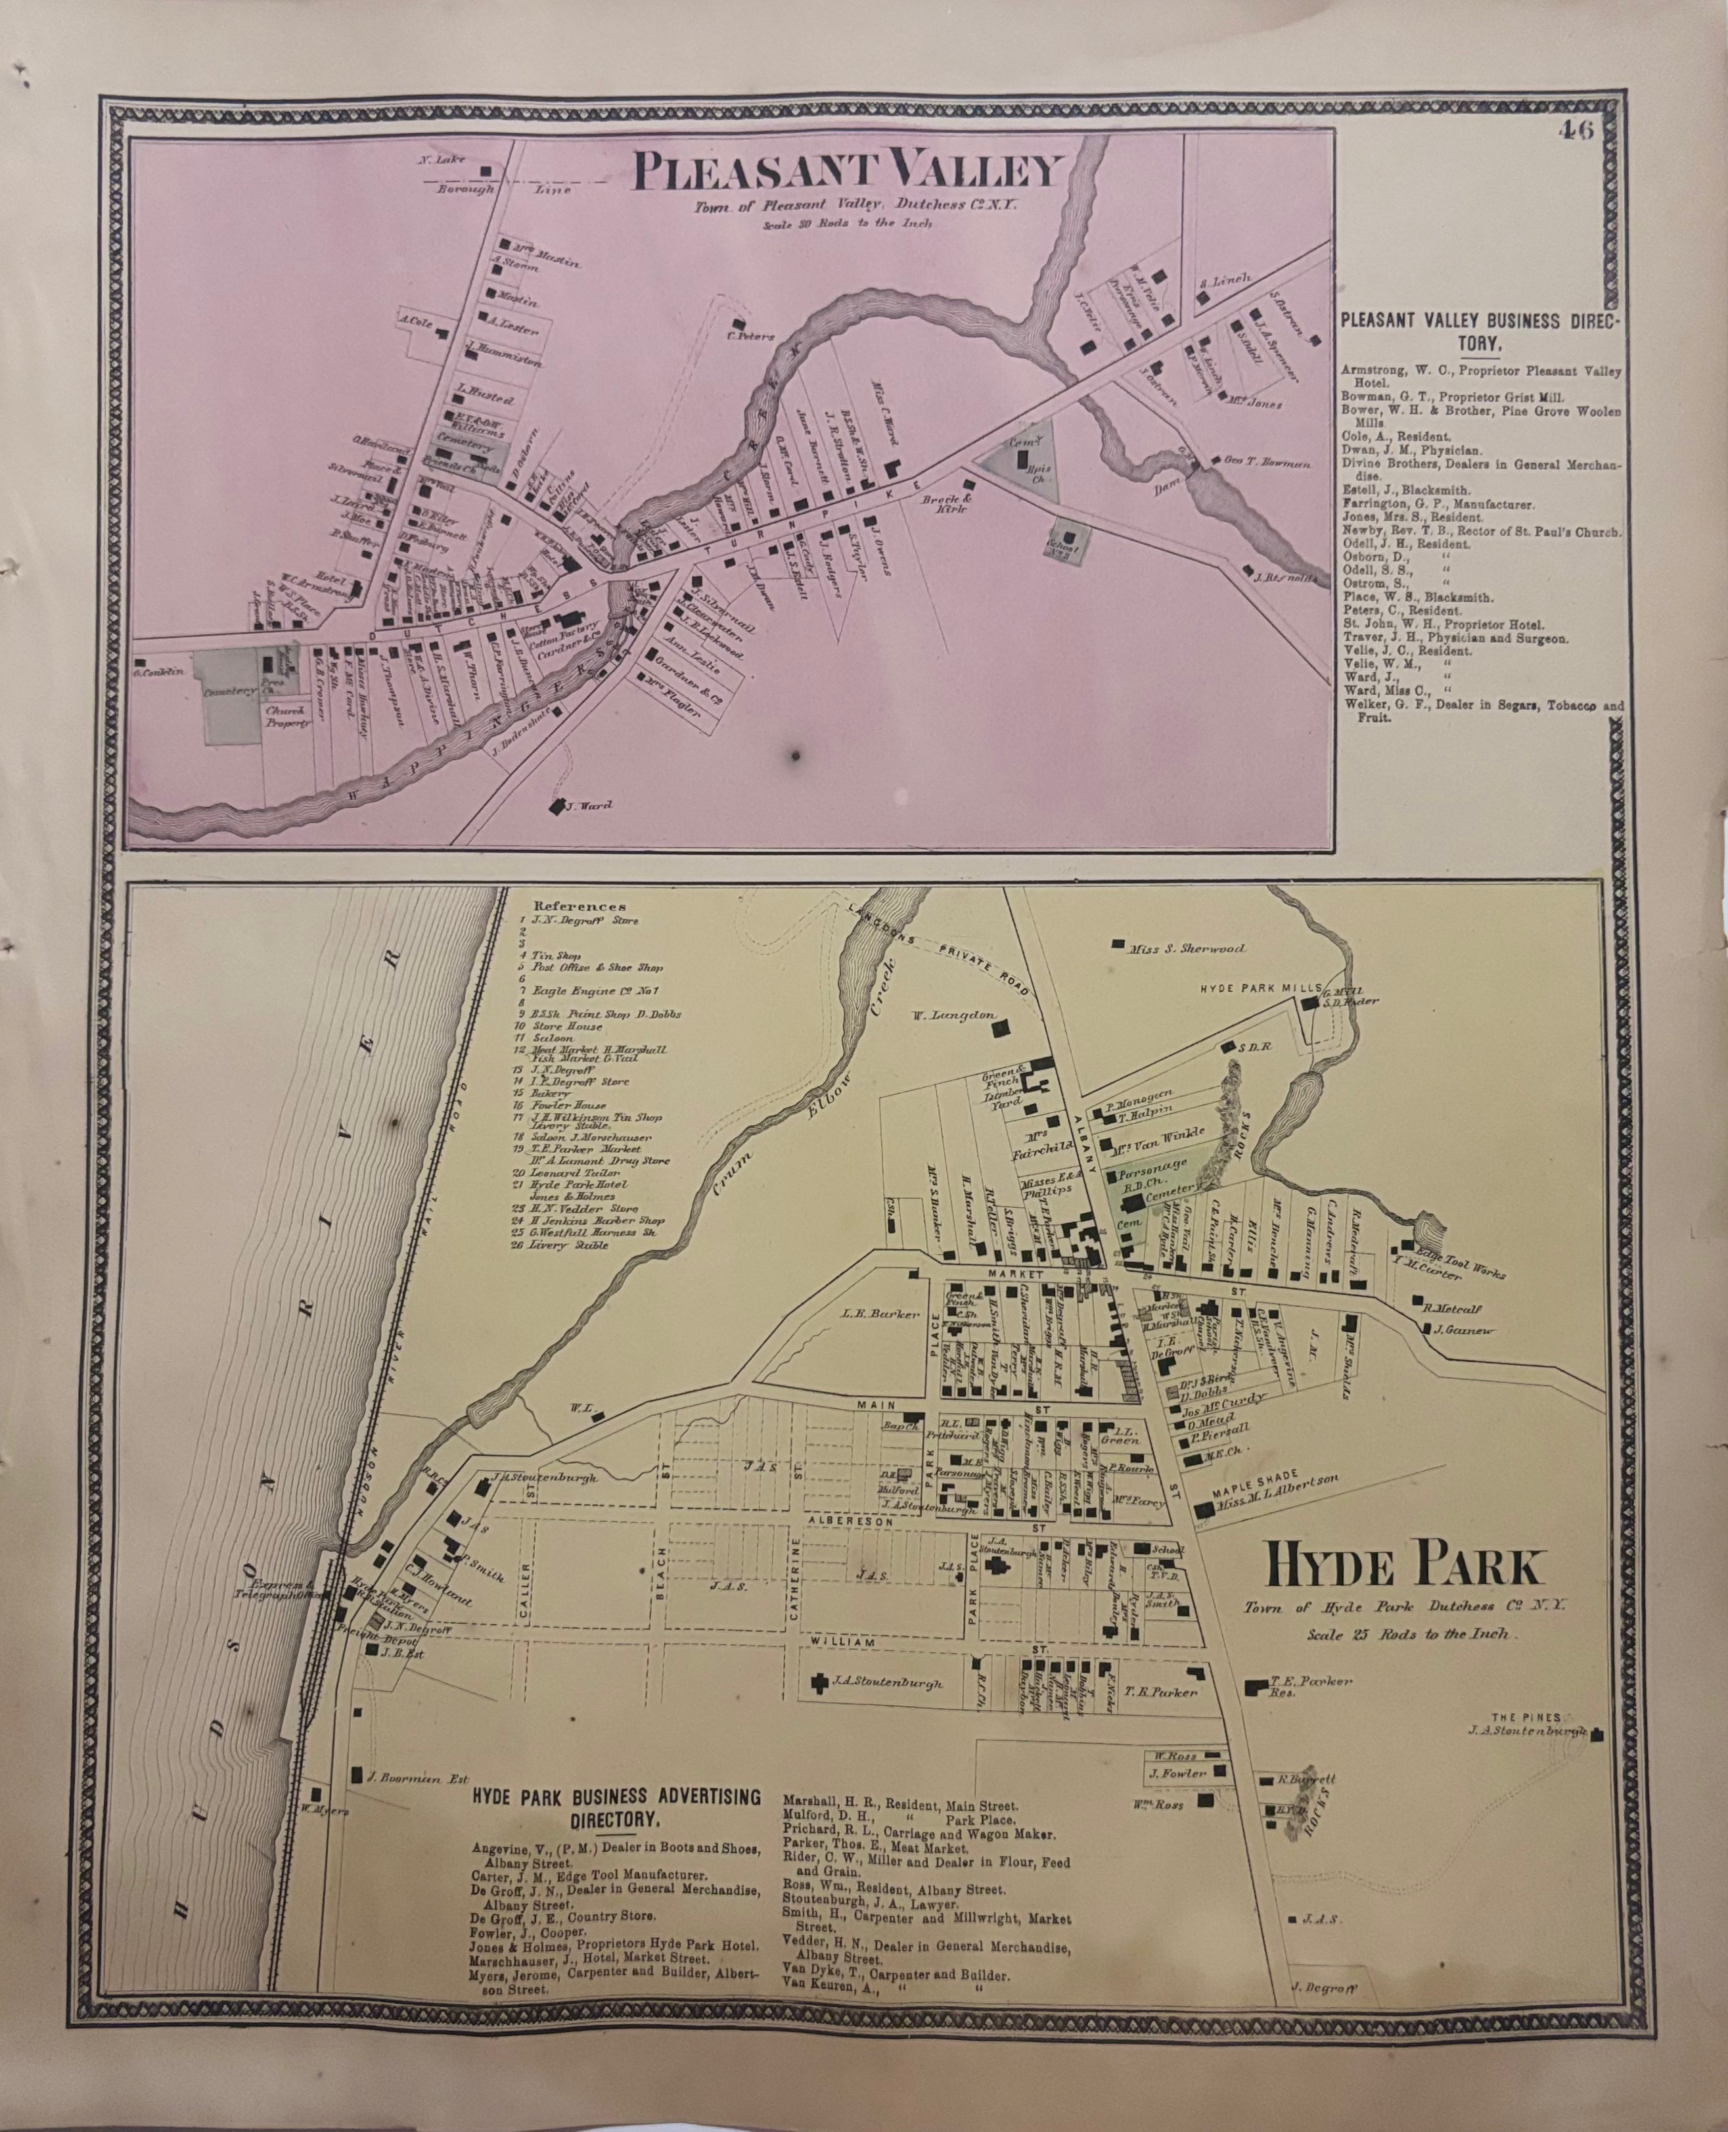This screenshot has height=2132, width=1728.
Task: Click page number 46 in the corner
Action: pos(1578,130)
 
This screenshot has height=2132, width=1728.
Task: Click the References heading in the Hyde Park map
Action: pos(580,906)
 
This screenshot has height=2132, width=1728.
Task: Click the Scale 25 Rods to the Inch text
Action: pos(1409,1634)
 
